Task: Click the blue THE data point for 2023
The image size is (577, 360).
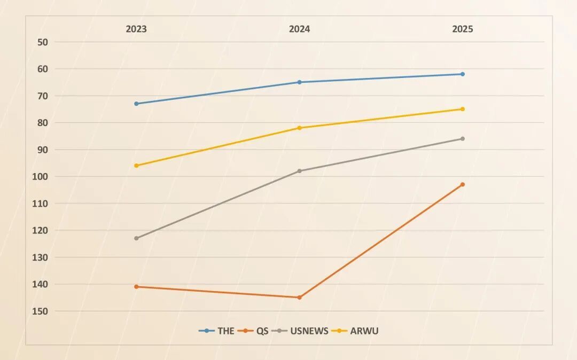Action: pyautogui.click(x=136, y=104)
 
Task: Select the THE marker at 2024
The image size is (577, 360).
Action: pyautogui.click(x=299, y=82)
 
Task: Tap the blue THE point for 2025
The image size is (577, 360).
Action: pyautogui.click(x=463, y=74)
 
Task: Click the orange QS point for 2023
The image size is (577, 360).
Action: pyautogui.click(x=136, y=287)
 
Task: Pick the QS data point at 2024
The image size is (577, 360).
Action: pyautogui.click(x=299, y=298)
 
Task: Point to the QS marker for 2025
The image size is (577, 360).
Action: pyautogui.click(x=463, y=184)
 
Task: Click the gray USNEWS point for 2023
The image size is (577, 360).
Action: pyautogui.click(x=136, y=238)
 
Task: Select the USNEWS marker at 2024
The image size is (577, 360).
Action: pyautogui.click(x=299, y=171)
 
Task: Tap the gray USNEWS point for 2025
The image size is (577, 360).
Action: pyautogui.click(x=463, y=139)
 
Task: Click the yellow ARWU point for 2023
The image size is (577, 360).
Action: pyautogui.click(x=136, y=166)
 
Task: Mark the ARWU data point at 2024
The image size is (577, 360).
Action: pyautogui.click(x=299, y=128)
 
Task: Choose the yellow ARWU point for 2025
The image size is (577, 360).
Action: pyautogui.click(x=463, y=109)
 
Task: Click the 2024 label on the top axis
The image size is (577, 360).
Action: pyautogui.click(x=299, y=29)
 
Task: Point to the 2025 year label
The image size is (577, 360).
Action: pyautogui.click(x=463, y=29)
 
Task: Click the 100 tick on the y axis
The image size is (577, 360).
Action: pyautogui.click(x=41, y=176)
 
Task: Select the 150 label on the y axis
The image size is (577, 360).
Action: pyautogui.click(x=41, y=311)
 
